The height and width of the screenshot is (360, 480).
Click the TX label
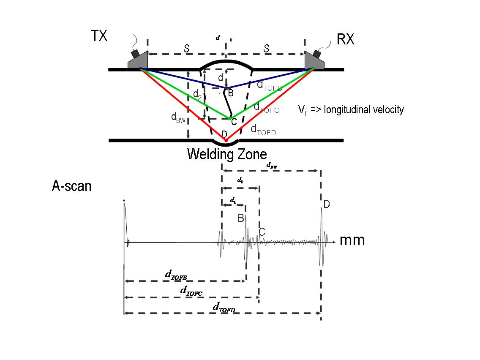[x=99, y=36]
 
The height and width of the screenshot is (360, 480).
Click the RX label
[x=346, y=39]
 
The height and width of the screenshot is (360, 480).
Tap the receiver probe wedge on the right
[x=314, y=60]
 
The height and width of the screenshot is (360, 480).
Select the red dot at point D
[x=226, y=140]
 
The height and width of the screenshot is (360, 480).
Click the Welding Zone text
[x=227, y=154]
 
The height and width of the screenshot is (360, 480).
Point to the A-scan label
[x=71, y=186]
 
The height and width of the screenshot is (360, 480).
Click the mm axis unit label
[x=352, y=240]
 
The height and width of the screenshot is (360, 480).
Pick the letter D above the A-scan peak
[x=327, y=205]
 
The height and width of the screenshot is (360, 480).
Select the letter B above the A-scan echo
[x=240, y=218]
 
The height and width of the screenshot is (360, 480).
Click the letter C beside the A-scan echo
[x=262, y=232]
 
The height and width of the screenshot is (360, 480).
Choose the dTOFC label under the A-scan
[x=191, y=290]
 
